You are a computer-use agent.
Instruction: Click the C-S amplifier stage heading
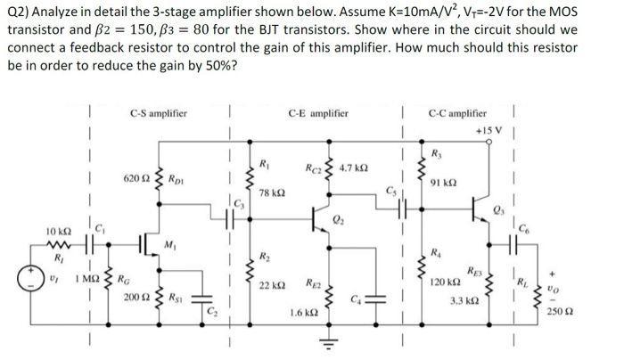(158, 113)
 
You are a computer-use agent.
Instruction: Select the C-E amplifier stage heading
(318, 113)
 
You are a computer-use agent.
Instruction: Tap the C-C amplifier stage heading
(457, 113)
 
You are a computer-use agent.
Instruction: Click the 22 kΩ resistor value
(272, 284)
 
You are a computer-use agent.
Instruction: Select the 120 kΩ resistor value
(443, 280)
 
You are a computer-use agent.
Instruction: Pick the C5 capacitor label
(390, 189)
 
